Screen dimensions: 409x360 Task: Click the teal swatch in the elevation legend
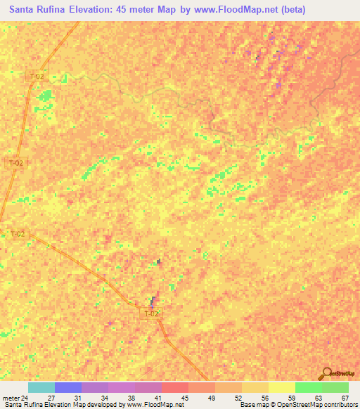tap(41, 387)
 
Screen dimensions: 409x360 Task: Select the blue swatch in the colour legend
tap(68, 387)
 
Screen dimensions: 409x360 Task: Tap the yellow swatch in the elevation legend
tap(281, 387)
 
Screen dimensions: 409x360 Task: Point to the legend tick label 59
tap(292, 397)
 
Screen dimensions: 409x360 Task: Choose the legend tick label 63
tap(319, 397)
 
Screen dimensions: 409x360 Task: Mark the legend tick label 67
tap(345, 397)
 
